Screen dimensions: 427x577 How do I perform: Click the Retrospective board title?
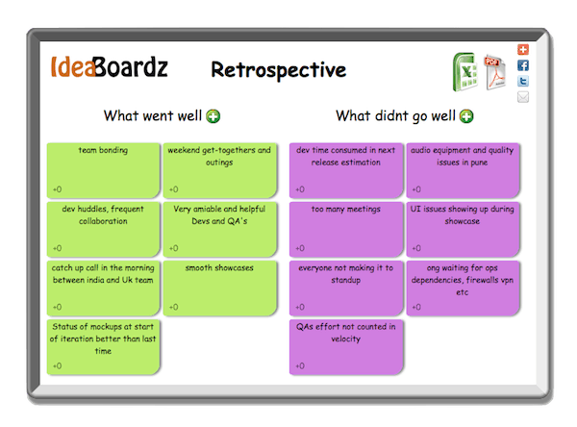[278, 69]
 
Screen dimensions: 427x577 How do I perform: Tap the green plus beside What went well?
[213, 116]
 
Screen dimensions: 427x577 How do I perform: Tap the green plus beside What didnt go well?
[466, 116]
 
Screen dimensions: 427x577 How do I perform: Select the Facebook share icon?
[523, 65]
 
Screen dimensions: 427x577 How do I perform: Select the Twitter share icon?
[523, 81]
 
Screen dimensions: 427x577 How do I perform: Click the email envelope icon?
[523, 96]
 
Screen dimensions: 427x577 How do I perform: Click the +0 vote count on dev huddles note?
[58, 248]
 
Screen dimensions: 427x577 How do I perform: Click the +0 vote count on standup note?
[300, 307]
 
